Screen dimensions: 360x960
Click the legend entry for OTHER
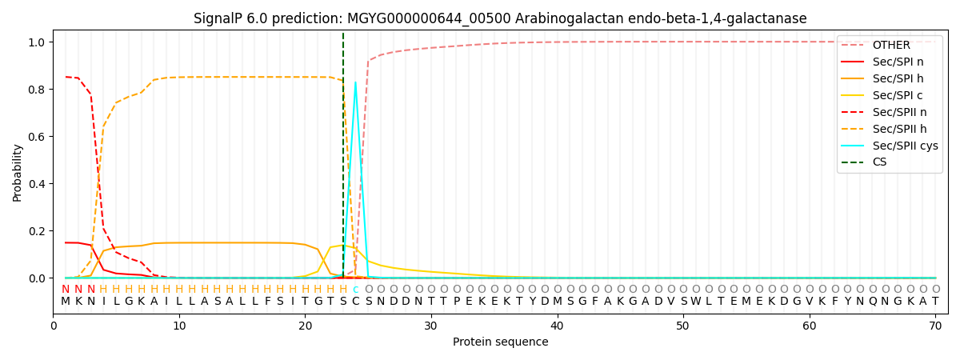888,45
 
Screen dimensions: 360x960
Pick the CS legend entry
879,162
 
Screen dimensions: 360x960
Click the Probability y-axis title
18,172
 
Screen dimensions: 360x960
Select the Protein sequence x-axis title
500,342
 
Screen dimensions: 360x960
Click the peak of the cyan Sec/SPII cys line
355,82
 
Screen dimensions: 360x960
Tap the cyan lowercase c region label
355,290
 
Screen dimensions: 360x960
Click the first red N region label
66,290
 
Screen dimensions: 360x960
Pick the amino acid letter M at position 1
66,302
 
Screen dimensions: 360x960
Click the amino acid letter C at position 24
355,302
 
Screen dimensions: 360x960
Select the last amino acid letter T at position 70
934,302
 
